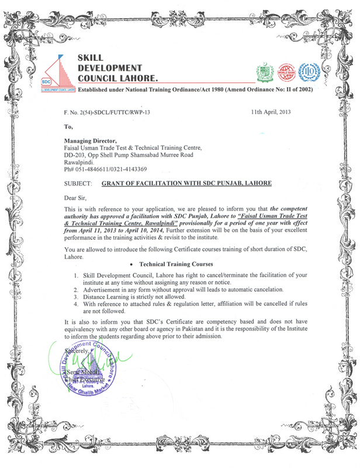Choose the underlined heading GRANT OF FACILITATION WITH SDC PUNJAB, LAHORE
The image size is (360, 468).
click(186, 183)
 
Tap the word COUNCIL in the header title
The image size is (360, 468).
click(100, 78)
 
